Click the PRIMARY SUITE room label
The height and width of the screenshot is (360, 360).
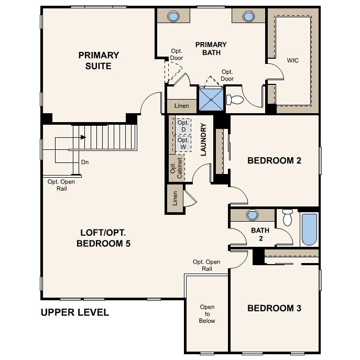(99, 60)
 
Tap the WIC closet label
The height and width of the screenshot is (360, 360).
(292, 60)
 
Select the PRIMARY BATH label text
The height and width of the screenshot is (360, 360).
(211, 48)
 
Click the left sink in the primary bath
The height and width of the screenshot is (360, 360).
(173, 16)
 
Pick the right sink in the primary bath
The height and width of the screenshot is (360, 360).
(248, 16)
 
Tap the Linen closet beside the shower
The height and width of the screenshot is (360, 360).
(181, 106)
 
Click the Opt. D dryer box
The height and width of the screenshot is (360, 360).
(182, 126)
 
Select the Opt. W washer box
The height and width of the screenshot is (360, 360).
(182, 143)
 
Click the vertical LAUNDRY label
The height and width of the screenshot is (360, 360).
(203, 139)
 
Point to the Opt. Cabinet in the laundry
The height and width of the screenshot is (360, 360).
(176, 168)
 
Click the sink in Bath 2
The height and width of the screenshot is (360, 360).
(253, 215)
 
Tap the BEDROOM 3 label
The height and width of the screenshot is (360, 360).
(274, 308)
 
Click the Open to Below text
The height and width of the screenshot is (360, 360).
(207, 314)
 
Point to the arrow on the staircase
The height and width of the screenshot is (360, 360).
(82, 137)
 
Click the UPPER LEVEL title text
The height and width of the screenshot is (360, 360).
(75, 313)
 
